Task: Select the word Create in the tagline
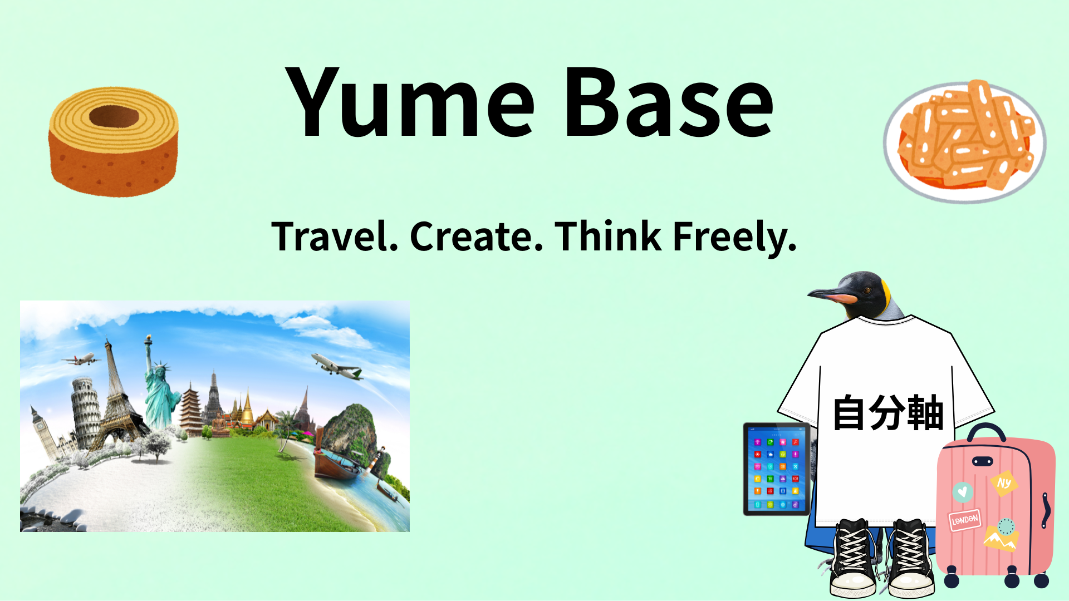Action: pos(477,237)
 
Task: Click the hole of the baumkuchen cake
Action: pos(114,116)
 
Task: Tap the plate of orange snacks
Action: pos(964,142)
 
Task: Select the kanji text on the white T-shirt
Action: pos(888,413)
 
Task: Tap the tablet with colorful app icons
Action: pos(777,469)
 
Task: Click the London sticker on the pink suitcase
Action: pos(965,520)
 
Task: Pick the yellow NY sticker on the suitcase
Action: pos(1004,483)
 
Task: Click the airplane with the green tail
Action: pos(337,366)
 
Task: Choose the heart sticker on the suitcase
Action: pos(963,492)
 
